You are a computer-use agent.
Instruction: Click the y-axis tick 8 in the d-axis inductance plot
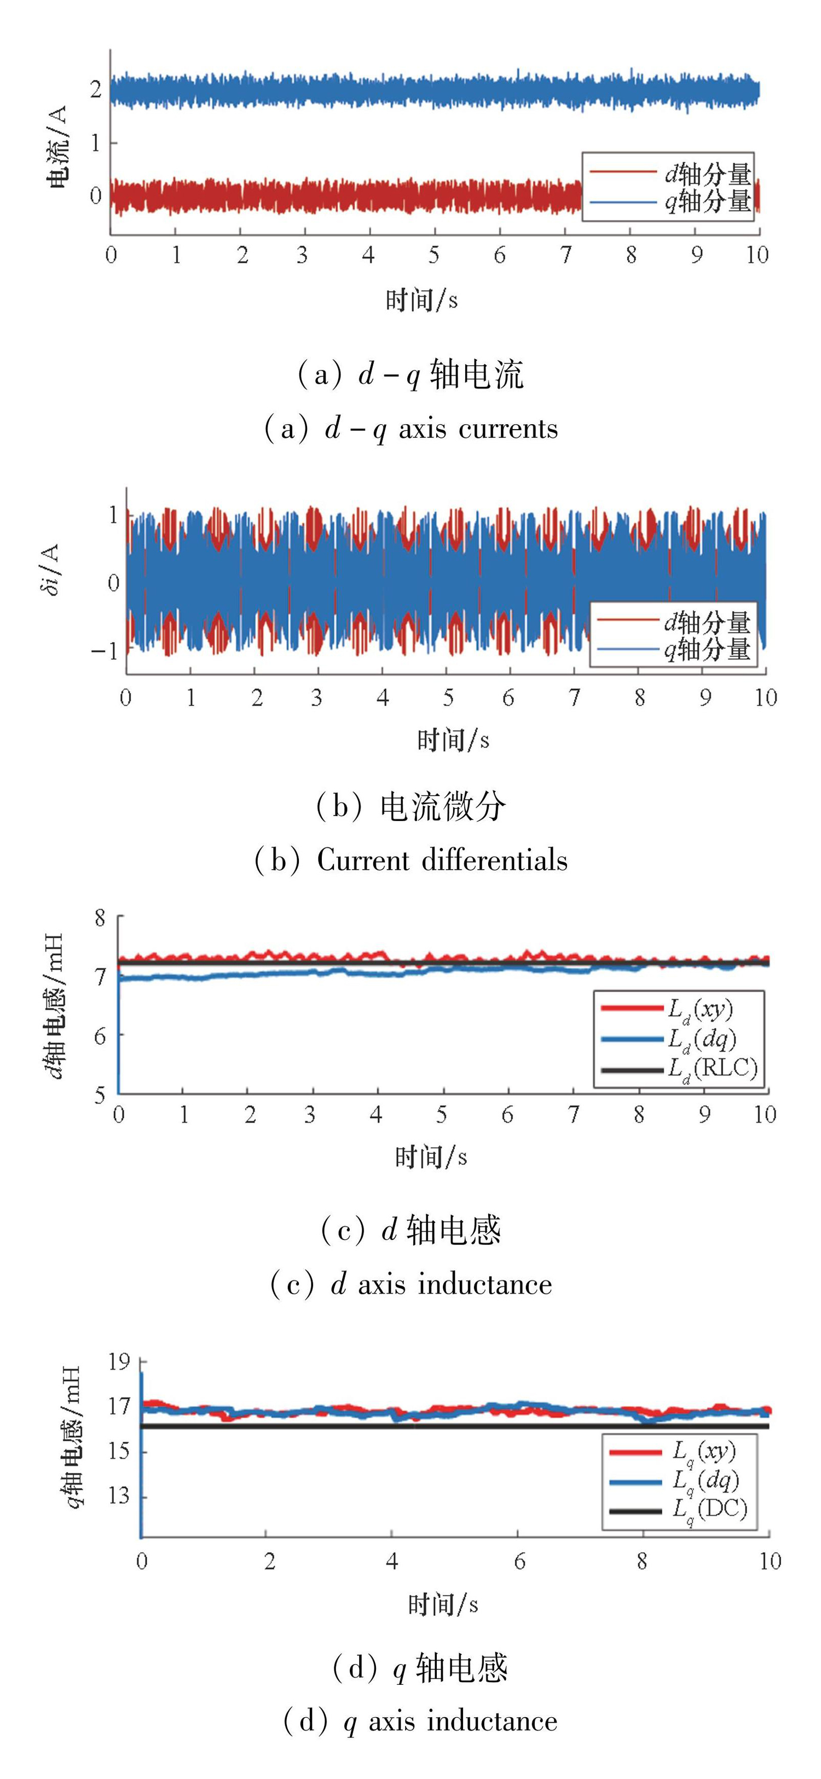[101, 919]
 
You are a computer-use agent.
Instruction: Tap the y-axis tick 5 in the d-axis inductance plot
[101, 1095]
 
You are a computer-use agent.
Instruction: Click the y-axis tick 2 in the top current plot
[96, 89]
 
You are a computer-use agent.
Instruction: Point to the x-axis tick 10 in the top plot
[757, 256]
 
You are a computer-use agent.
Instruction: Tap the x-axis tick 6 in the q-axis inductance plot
[519, 1562]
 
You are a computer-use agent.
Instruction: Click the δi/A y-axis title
[51, 569]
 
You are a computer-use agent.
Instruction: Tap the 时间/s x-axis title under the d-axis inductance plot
[431, 1156]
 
